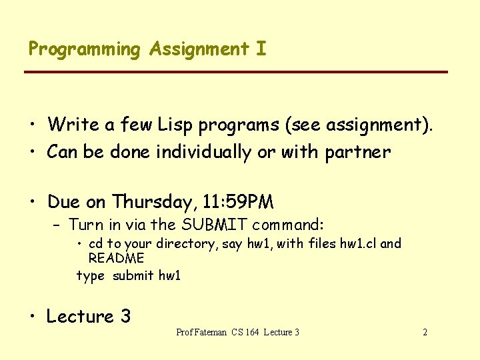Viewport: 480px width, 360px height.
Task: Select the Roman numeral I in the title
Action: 261,49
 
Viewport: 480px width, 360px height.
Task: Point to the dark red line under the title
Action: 237,71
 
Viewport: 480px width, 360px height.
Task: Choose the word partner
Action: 357,153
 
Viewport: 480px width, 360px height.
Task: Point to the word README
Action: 116,258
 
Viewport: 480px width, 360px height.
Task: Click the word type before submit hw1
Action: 90,276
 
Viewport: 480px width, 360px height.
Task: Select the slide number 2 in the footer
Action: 425,332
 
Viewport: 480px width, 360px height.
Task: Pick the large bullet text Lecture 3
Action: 88,317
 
